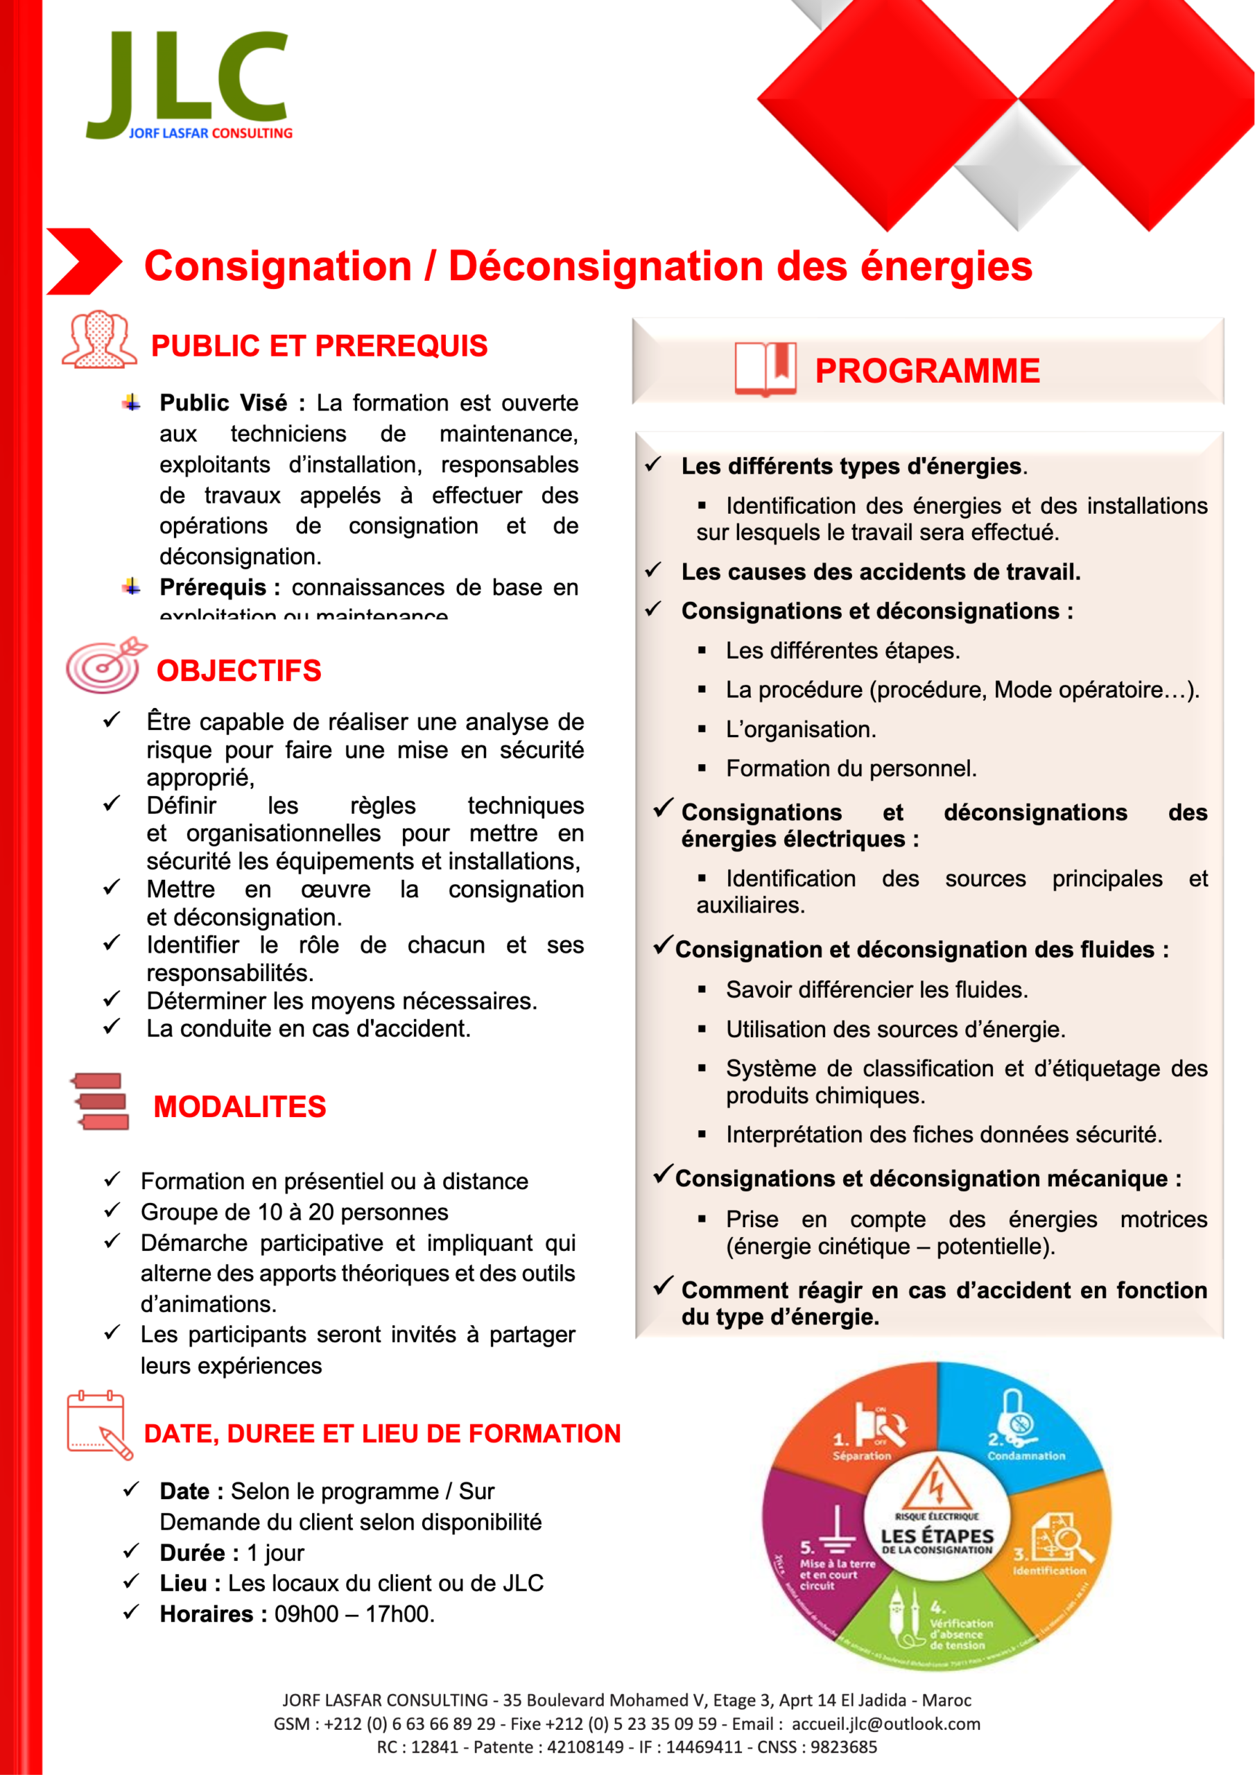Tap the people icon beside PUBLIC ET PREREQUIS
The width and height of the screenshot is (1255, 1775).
[100, 340]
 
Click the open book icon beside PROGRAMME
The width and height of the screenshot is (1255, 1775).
[765, 369]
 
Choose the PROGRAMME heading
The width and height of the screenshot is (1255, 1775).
[927, 371]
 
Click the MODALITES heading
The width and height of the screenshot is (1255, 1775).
[240, 1107]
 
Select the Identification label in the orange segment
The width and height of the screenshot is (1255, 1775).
[1049, 1570]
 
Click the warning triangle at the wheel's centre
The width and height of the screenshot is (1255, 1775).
[937, 1486]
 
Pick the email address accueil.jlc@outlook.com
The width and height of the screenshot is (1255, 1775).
[885, 1724]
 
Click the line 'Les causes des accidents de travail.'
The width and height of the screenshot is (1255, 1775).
[880, 572]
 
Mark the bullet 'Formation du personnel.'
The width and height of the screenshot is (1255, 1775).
[851, 768]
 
